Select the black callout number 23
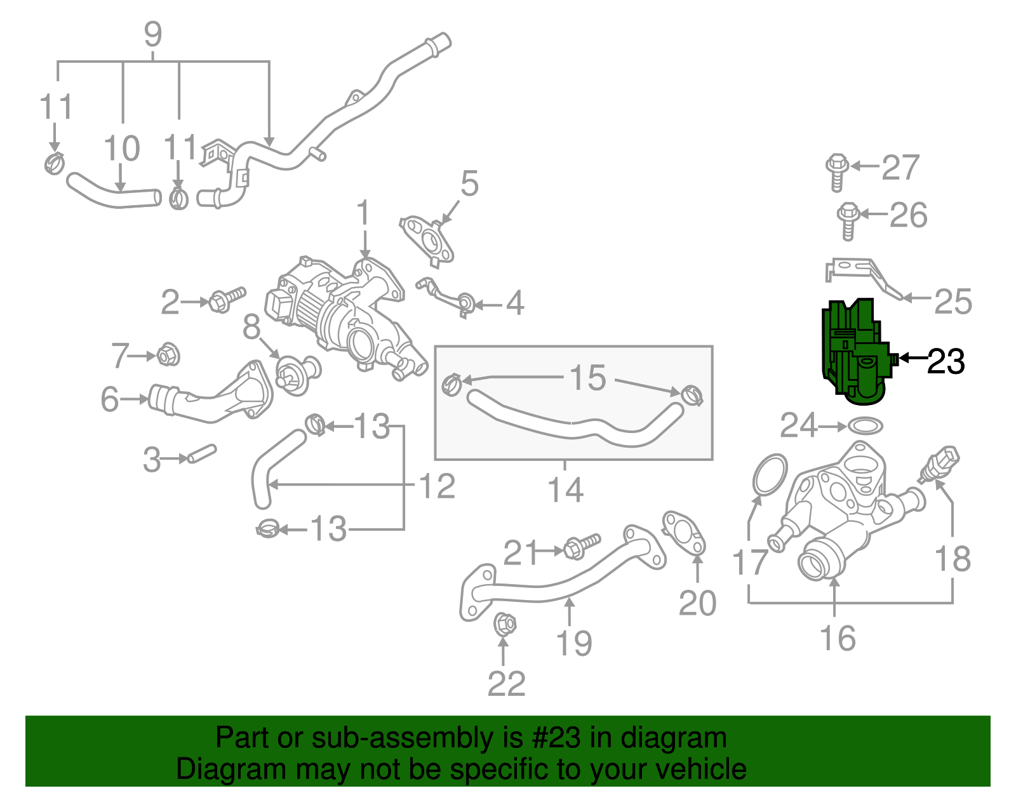tap(946, 361)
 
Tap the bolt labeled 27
tap(837, 170)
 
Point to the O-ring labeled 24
tap(865, 426)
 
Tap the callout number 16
tap(838, 637)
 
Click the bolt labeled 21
tap(581, 546)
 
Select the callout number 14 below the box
tap(565, 490)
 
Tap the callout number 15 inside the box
tap(587, 378)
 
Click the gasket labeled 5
tap(427, 239)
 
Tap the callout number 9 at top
tap(153, 34)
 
